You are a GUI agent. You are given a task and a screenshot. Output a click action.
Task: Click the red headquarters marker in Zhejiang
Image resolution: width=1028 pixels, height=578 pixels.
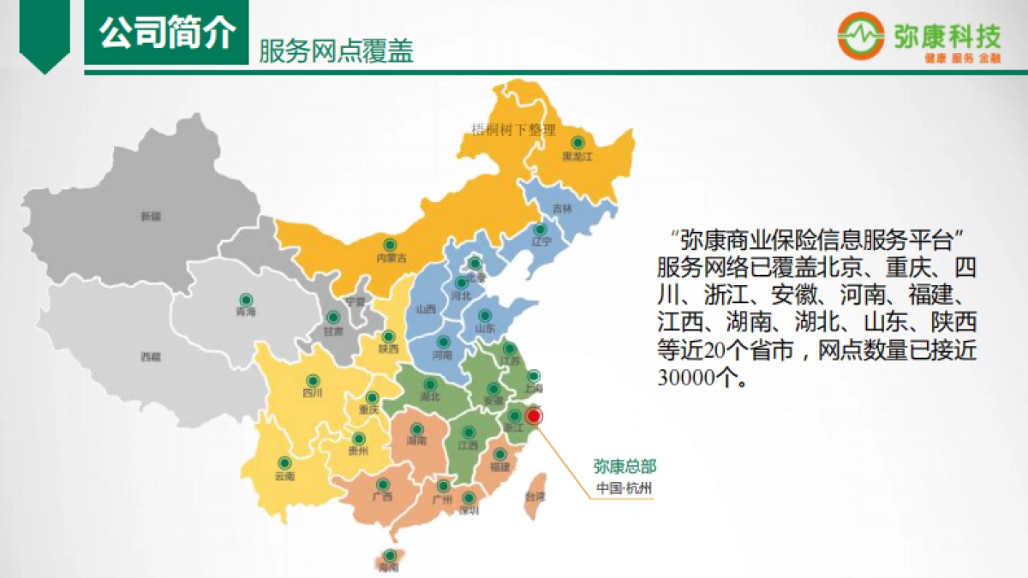click(x=535, y=416)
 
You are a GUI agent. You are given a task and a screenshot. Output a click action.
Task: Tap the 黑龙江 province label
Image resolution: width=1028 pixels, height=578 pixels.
click(x=577, y=158)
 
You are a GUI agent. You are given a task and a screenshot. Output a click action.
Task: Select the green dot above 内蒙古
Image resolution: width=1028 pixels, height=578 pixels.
click(x=390, y=243)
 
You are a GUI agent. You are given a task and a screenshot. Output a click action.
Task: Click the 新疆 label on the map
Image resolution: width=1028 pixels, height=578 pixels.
click(x=151, y=217)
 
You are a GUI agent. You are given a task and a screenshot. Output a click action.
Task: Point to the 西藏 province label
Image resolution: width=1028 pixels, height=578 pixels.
click(x=151, y=356)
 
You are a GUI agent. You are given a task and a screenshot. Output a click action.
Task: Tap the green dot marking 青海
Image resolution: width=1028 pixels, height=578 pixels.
click(x=246, y=299)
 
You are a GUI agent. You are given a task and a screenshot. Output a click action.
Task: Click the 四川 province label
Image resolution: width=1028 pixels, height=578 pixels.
click(x=312, y=394)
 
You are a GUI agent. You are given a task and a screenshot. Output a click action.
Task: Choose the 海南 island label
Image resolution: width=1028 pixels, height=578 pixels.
click(x=389, y=567)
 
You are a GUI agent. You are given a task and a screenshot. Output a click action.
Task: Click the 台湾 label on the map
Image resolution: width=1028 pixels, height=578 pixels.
click(x=535, y=497)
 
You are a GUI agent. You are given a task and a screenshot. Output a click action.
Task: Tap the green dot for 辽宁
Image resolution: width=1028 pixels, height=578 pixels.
click(x=540, y=229)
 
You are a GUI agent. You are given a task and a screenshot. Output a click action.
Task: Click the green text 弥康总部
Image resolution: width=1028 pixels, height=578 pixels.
click(x=625, y=467)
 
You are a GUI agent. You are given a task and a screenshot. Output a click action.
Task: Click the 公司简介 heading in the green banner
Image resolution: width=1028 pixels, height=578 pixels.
click(x=166, y=35)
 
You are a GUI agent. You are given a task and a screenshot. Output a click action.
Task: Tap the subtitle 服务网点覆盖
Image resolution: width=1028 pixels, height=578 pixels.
click(x=336, y=52)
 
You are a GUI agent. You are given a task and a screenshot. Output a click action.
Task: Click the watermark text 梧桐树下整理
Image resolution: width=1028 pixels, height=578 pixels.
click(x=514, y=130)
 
